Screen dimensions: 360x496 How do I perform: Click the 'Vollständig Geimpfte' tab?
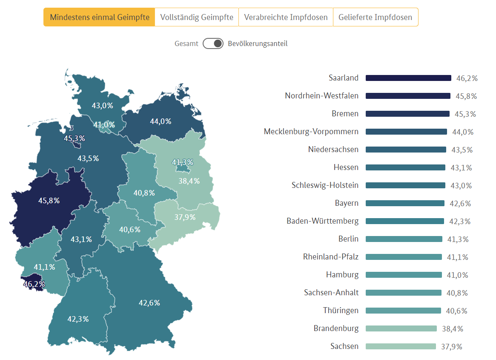click(x=197, y=17)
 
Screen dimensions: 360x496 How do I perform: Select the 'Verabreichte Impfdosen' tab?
click(x=286, y=17)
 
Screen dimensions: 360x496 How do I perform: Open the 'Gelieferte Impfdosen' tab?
click(x=375, y=17)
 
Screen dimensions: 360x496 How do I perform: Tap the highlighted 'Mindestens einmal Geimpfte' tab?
click(x=100, y=17)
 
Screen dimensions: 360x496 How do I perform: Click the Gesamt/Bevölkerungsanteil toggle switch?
click(x=213, y=43)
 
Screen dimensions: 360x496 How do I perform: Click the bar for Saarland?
click(x=408, y=78)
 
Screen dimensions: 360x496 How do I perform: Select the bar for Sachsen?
click(x=401, y=346)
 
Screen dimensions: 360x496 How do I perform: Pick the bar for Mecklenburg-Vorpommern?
click(x=406, y=132)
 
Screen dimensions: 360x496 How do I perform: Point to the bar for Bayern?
click(x=405, y=203)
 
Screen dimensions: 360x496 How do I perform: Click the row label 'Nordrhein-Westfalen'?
click(x=321, y=96)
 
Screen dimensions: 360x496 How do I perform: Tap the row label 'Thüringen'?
click(x=341, y=311)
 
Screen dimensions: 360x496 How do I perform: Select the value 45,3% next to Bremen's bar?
click(x=465, y=114)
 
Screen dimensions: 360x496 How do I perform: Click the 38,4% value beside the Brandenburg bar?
click(x=452, y=329)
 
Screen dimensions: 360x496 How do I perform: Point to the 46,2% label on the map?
click(x=34, y=284)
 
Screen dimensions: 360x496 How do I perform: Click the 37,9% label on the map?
click(x=185, y=217)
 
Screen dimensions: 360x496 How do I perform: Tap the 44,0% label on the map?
click(x=161, y=121)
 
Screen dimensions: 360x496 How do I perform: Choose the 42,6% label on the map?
click(x=149, y=303)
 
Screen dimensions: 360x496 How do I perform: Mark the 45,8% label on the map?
click(x=49, y=200)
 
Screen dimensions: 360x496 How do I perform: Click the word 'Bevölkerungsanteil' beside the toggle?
click(x=258, y=43)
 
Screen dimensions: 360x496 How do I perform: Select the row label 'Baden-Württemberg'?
click(x=322, y=221)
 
